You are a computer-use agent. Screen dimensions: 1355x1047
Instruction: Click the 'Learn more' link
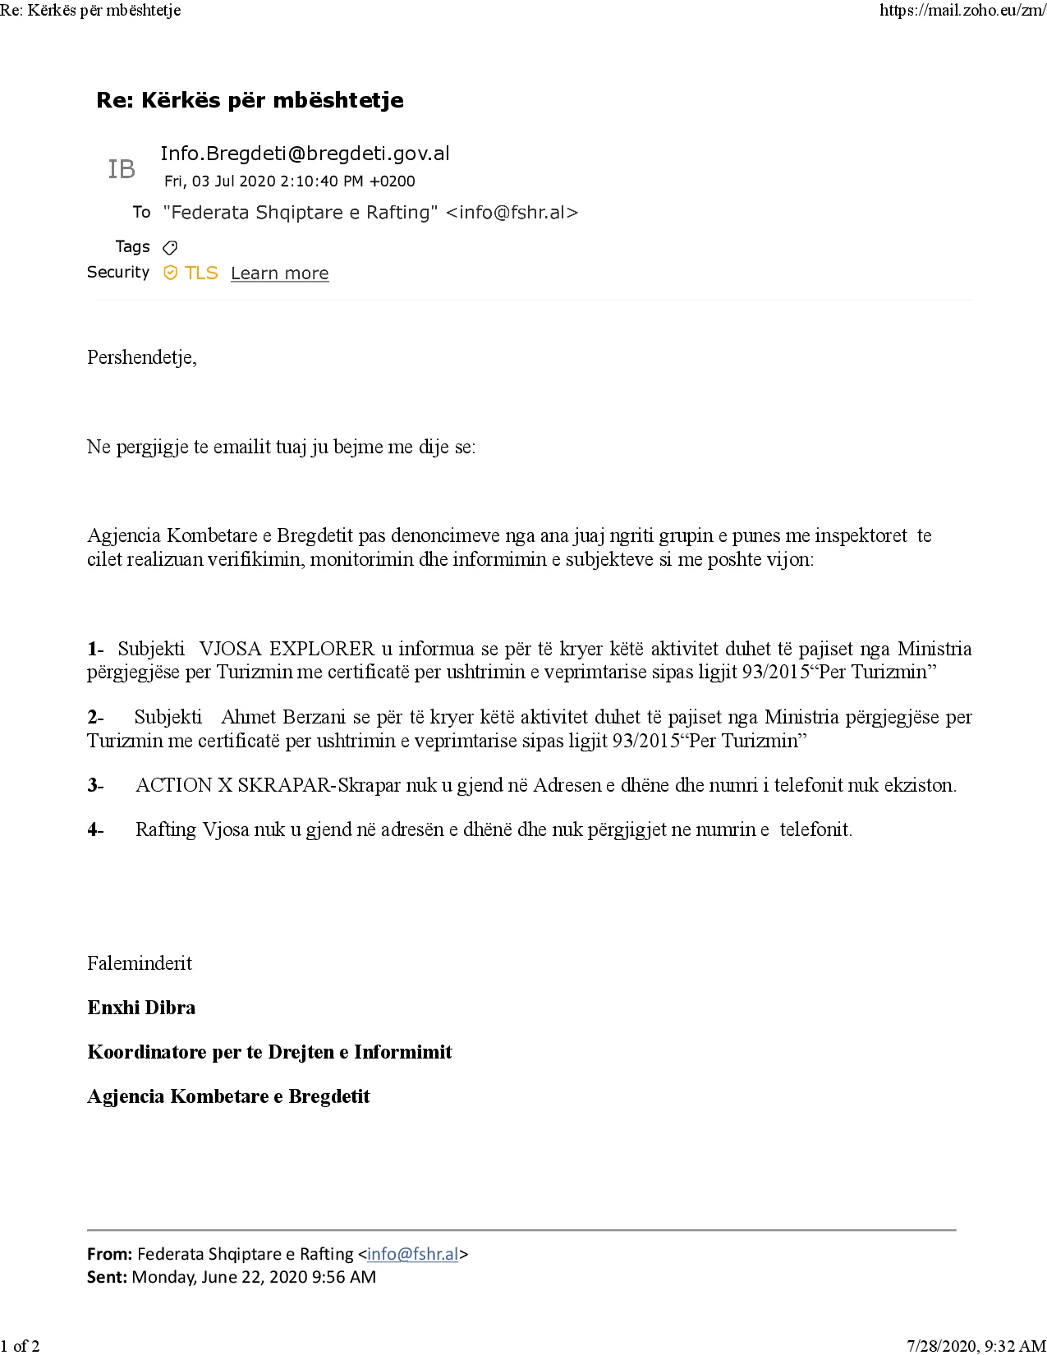pos(279,273)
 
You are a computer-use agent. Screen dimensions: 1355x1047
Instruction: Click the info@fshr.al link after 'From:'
pos(412,1254)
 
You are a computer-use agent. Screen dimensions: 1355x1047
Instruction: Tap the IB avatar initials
pos(122,169)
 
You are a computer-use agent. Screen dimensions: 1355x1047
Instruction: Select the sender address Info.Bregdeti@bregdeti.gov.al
pos(305,154)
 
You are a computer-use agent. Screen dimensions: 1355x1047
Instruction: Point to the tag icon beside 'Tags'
pos(170,247)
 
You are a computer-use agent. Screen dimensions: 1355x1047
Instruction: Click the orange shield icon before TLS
pos(170,273)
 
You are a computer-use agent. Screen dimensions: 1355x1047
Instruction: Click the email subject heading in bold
pos(250,100)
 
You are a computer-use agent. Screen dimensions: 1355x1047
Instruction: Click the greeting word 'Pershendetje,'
pos(142,357)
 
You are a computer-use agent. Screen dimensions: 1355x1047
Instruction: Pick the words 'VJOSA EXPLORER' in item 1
pos(287,649)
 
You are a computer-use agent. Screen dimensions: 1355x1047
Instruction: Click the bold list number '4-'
pos(95,829)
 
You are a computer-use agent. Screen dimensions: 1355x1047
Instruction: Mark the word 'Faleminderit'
pos(140,963)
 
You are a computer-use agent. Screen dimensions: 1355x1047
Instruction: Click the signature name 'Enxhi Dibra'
pos(141,1008)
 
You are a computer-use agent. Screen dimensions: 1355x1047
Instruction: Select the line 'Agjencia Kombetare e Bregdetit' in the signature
pos(228,1096)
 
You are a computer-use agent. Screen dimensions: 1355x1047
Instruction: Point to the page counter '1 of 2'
pos(20,1346)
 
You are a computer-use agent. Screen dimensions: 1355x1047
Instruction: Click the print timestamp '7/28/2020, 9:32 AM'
pos(976,1346)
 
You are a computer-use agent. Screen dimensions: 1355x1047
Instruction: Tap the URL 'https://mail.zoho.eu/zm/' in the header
pos(962,11)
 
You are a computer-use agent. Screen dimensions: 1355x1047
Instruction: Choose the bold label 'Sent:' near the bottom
pos(107,1277)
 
